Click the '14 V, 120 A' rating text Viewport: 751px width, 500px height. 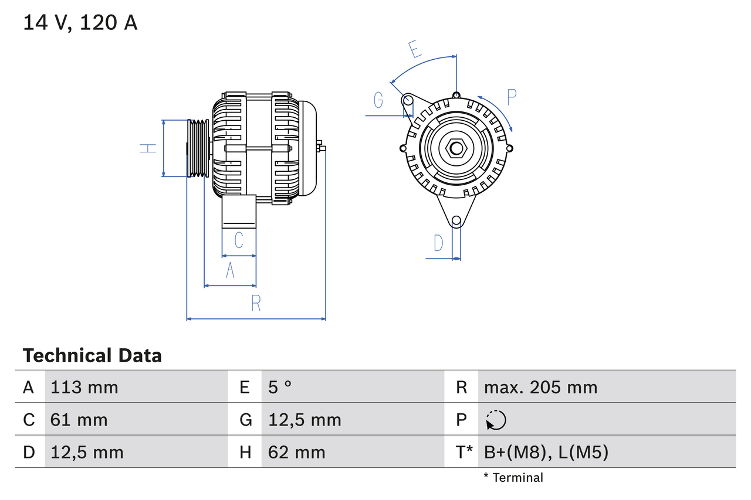point(80,23)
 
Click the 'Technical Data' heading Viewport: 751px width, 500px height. point(92,355)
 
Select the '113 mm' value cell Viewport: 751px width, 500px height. point(84,387)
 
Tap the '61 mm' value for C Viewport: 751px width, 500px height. point(79,420)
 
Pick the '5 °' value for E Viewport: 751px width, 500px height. point(280,387)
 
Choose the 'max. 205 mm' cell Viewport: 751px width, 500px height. point(540,387)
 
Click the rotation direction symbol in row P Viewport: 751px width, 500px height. point(496,420)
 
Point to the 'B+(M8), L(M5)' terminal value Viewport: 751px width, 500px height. point(546,452)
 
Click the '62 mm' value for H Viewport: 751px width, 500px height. point(296,452)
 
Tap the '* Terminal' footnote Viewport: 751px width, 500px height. point(513,478)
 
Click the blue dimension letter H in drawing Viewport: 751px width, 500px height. point(148,148)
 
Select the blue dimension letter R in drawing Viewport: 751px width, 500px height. point(256,304)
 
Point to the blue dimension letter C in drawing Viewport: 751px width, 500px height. point(239,240)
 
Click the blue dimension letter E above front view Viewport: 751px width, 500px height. point(415,49)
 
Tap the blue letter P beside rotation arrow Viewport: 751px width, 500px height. point(511,97)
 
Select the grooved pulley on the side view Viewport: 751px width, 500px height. point(198,148)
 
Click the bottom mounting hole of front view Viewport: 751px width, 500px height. point(456,221)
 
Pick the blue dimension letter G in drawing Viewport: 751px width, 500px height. point(378,101)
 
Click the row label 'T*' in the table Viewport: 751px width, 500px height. point(464,452)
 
